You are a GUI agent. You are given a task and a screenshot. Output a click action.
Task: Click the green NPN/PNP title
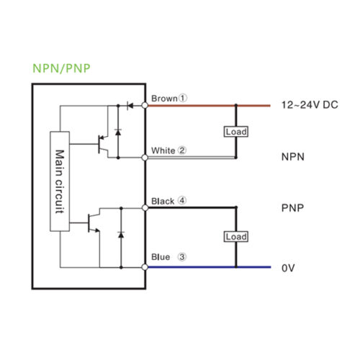click(61, 68)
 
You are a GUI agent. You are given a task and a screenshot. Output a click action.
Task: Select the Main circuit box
click(60, 181)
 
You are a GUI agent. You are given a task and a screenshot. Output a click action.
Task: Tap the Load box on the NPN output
click(236, 132)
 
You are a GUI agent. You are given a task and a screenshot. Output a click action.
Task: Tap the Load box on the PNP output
click(236, 237)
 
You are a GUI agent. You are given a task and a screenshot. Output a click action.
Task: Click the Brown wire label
click(164, 99)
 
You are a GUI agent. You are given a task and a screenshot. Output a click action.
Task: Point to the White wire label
click(163, 150)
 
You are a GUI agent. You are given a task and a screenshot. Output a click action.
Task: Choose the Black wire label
click(163, 202)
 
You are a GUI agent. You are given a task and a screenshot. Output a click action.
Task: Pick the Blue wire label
click(161, 257)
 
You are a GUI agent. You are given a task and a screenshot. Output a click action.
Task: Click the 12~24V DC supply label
click(310, 105)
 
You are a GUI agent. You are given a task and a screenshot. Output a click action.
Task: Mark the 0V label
click(288, 268)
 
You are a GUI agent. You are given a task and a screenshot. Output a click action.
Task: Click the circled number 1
click(183, 98)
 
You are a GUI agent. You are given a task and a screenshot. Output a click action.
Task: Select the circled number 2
click(182, 150)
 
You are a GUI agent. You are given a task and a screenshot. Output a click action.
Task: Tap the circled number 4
click(182, 200)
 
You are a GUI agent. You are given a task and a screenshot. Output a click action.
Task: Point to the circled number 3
click(182, 257)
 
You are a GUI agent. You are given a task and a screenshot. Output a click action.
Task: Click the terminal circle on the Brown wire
click(145, 105)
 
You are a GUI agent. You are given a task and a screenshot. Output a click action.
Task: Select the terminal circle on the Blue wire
click(145, 267)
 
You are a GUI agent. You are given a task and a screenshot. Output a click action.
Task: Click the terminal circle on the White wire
click(145, 158)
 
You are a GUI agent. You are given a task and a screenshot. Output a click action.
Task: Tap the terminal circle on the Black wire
click(145, 207)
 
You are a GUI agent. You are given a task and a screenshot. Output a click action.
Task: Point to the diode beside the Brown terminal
click(130, 105)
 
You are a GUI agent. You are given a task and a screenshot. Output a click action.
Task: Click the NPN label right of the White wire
click(293, 157)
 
